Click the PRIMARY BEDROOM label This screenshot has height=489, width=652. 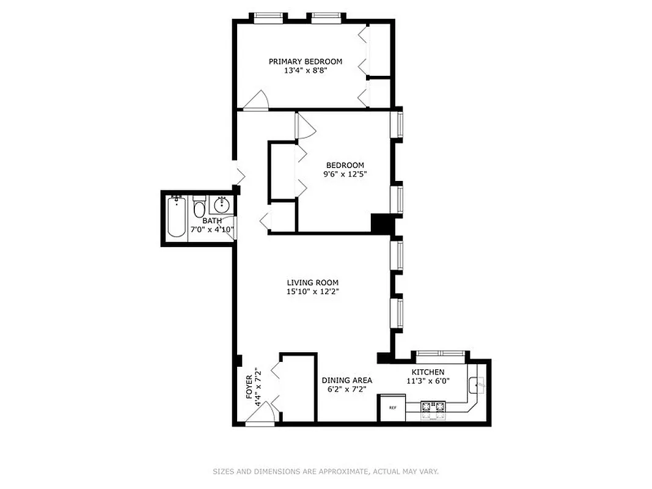pos(306,61)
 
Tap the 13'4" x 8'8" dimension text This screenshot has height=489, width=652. pos(306,71)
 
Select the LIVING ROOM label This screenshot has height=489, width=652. pos(312,282)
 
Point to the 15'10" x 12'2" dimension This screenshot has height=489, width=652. pos(312,292)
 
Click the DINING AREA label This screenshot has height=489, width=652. pos(346,380)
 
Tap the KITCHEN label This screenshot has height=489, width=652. pos(428,372)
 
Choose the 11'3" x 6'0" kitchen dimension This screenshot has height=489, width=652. pos(428,380)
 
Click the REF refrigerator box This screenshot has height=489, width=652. pos(392,408)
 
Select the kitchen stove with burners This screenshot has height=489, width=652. pos(434,410)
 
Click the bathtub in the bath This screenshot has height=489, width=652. pos(177,217)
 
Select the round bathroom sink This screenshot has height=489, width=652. pos(221,204)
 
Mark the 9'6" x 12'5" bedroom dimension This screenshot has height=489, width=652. pos(345,174)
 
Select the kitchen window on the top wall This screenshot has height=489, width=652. pos(439,354)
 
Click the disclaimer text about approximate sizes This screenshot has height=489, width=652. pos(326,471)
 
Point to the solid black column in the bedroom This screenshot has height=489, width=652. pos(380,222)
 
